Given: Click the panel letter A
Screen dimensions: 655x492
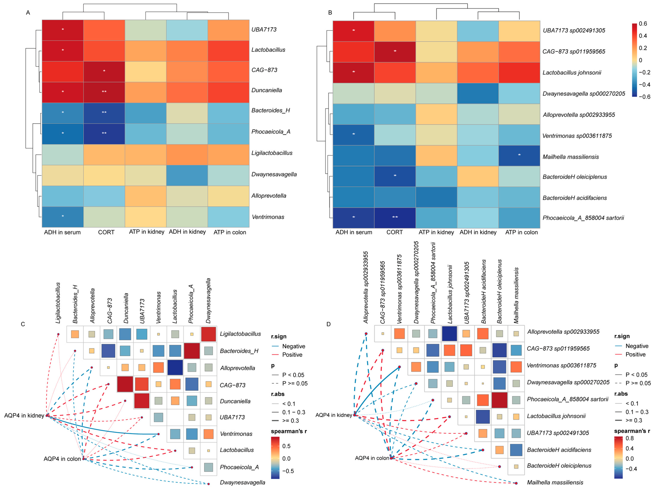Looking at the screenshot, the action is (x=28, y=13).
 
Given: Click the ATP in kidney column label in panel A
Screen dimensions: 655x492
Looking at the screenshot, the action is (x=147, y=232).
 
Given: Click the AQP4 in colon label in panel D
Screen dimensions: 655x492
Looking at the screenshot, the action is (x=372, y=458).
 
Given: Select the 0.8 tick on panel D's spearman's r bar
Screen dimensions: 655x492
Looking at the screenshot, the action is (x=630, y=438).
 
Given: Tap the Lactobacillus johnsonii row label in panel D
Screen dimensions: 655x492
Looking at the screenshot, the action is (x=556, y=416).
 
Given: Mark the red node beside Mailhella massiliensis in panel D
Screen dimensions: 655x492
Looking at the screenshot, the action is (x=516, y=483).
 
